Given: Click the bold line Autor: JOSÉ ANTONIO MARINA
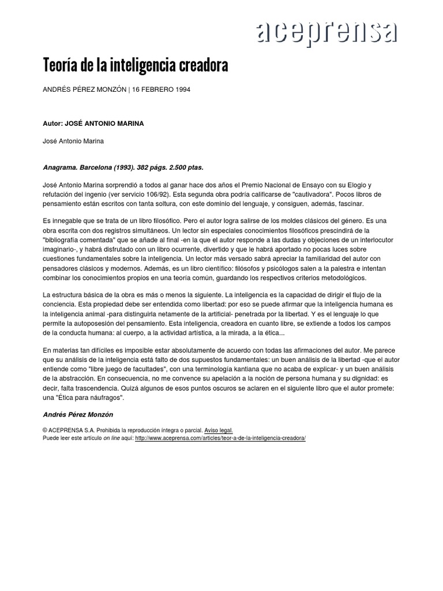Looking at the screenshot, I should coord(93,123).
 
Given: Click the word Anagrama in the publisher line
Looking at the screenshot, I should coord(61,167).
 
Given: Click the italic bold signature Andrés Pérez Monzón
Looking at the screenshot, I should coord(79,414).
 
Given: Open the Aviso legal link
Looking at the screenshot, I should coord(218,431).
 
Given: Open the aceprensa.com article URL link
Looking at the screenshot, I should coord(220,438).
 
